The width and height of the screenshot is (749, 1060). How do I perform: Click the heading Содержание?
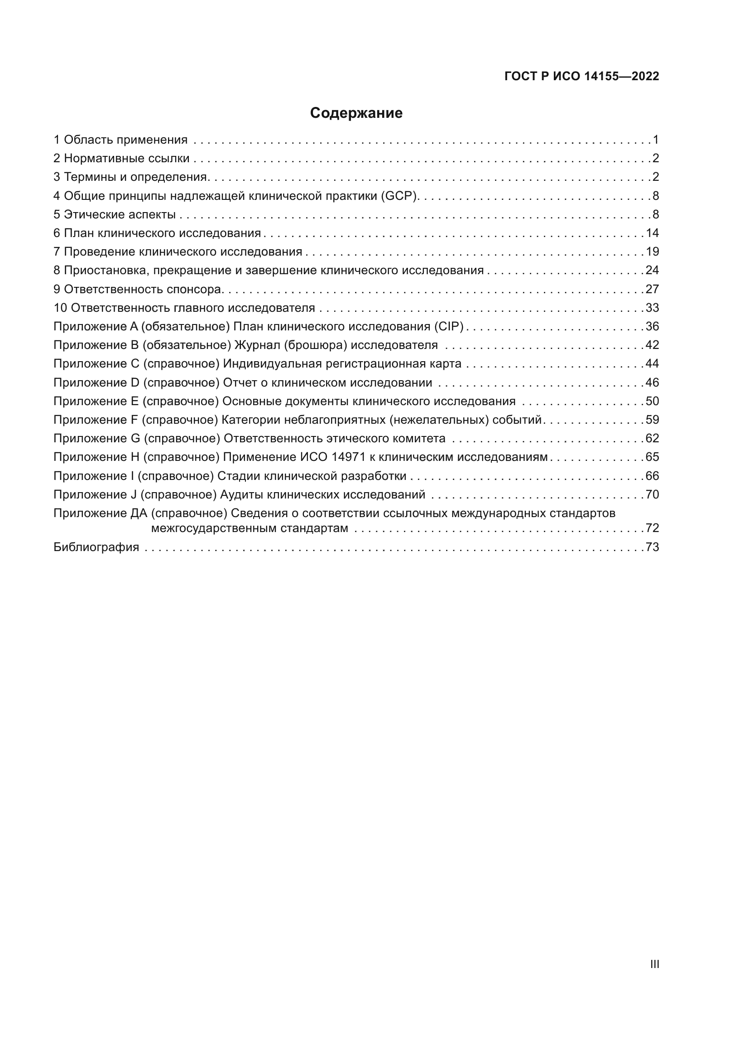(356, 113)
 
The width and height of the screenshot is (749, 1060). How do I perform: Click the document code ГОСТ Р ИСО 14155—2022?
(581, 76)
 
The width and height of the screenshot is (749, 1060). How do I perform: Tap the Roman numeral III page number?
(654, 964)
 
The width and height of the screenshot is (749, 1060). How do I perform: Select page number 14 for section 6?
(652, 233)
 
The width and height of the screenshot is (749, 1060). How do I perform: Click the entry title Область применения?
(125, 140)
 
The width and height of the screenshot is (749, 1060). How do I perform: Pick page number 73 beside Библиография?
(652, 547)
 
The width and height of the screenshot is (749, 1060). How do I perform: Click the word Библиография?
(96, 547)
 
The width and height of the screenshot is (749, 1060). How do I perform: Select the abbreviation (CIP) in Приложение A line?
(449, 326)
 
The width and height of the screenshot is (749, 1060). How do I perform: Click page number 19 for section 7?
(652, 252)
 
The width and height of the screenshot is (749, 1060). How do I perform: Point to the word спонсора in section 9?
(194, 290)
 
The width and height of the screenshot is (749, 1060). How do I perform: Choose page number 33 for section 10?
(652, 308)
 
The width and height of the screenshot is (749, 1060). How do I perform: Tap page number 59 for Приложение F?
(652, 420)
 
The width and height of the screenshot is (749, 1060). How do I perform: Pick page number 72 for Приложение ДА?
(652, 528)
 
